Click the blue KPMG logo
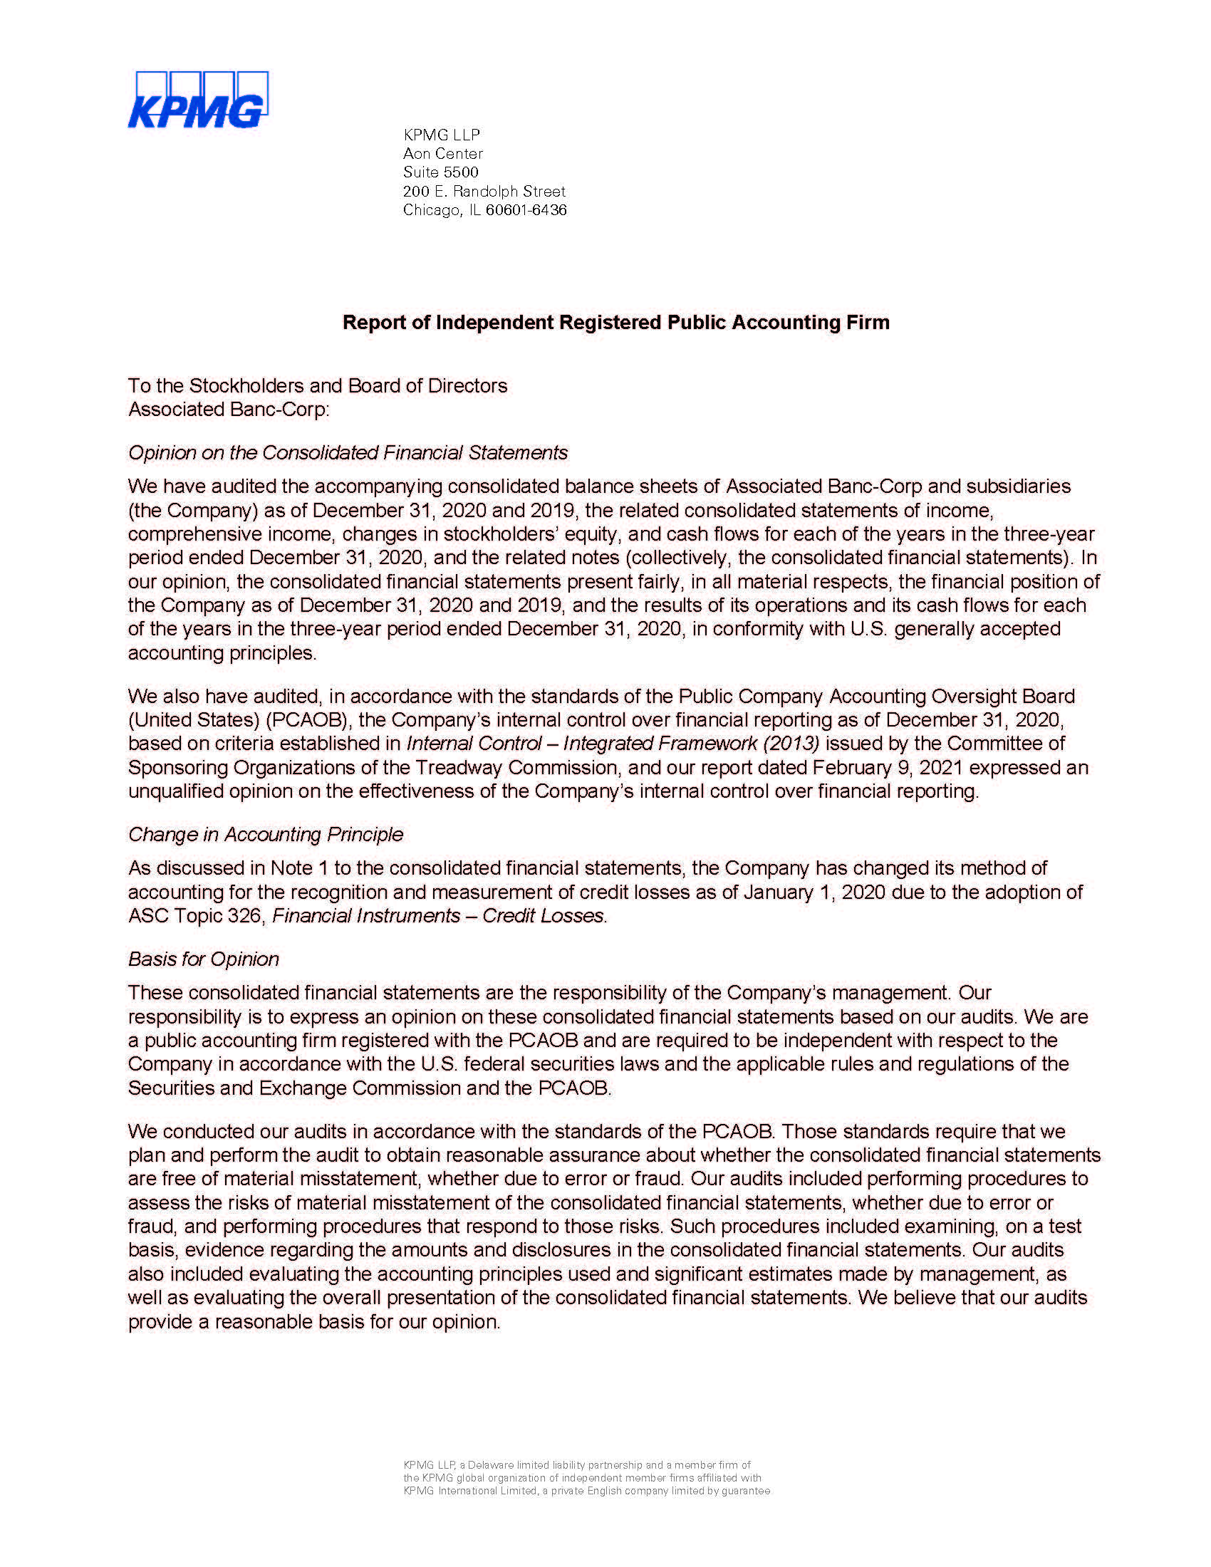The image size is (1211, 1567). pyautogui.click(x=197, y=100)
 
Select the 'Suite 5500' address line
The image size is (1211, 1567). pyautogui.click(x=440, y=172)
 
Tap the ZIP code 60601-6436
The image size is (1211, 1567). pyautogui.click(x=526, y=210)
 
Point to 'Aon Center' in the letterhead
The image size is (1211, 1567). pyautogui.click(x=442, y=154)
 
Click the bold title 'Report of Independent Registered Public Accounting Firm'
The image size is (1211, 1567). pyautogui.click(x=615, y=322)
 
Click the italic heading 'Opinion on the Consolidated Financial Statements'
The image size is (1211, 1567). pyautogui.click(x=348, y=453)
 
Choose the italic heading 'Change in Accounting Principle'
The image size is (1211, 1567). pyautogui.click(x=266, y=835)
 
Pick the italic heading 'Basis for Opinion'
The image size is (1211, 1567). pyautogui.click(x=203, y=959)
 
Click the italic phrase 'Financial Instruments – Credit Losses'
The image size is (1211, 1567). pyautogui.click(x=438, y=916)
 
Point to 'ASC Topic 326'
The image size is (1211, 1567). pyautogui.click(x=194, y=916)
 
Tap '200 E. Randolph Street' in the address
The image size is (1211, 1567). pyautogui.click(x=484, y=192)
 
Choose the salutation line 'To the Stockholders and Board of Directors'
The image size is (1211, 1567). pyautogui.click(x=318, y=386)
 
